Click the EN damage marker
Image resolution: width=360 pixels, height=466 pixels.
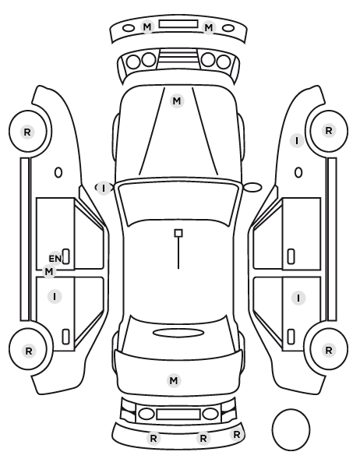[55, 258]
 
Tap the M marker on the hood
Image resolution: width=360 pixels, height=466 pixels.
[177, 101]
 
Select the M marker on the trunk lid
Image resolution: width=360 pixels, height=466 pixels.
[174, 380]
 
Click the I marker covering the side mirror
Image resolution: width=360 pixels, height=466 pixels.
[104, 188]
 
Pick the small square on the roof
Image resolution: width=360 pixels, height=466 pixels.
[178, 233]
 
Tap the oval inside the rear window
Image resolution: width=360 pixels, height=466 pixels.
[178, 333]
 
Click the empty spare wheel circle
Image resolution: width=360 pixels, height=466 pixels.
[291, 429]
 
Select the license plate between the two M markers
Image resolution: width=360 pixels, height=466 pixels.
[178, 24]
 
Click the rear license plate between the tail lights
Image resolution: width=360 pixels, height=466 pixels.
[178, 414]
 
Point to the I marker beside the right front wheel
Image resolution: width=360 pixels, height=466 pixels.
[297, 140]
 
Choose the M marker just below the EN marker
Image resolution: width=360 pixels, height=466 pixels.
[49, 271]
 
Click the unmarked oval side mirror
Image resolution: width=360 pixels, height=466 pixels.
[252, 188]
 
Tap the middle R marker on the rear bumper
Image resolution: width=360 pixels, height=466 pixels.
[203, 438]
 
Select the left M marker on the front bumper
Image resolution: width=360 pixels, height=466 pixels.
[147, 27]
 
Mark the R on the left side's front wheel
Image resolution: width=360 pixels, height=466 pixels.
[27, 132]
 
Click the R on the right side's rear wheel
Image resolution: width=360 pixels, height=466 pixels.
[329, 350]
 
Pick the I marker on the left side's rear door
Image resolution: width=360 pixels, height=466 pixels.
[55, 296]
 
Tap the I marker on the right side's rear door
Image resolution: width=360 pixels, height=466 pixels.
[298, 298]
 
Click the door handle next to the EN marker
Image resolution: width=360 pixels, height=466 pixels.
[66, 256]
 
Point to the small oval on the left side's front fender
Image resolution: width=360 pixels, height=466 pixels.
[58, 172]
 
